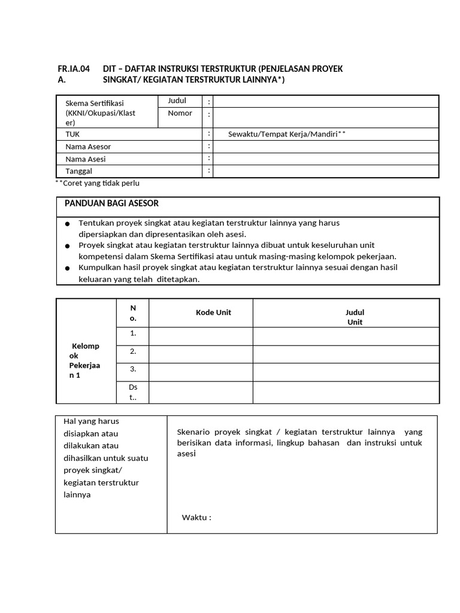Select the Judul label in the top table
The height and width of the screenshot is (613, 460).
tap(177, 101)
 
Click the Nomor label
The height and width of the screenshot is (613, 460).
tap(180, 113)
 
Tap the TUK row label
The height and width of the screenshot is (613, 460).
tap(72, 134)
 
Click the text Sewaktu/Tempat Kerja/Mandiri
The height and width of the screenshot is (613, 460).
tap(283, 134)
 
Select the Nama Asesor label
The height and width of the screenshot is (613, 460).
tap(88, 147)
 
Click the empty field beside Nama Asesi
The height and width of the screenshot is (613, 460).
tap(326, 159)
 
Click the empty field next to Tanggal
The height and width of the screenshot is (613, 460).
tap(326, 172)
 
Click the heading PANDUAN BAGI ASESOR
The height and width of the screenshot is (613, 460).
tap(111, 204)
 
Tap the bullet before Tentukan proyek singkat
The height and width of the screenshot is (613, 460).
tap(69, 224)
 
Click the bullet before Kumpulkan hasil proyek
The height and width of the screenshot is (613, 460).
tap(69, 268)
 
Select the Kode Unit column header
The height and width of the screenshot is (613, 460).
tap(213, 312)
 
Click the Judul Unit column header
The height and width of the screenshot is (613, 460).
tap(355, 317)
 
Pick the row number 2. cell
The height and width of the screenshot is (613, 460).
tap(133, 351)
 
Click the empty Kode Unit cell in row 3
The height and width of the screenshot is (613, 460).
tap(201, 372)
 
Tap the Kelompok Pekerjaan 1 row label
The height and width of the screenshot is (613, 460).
tap(85, 361)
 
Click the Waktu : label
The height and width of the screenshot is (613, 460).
tap(196, 518)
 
